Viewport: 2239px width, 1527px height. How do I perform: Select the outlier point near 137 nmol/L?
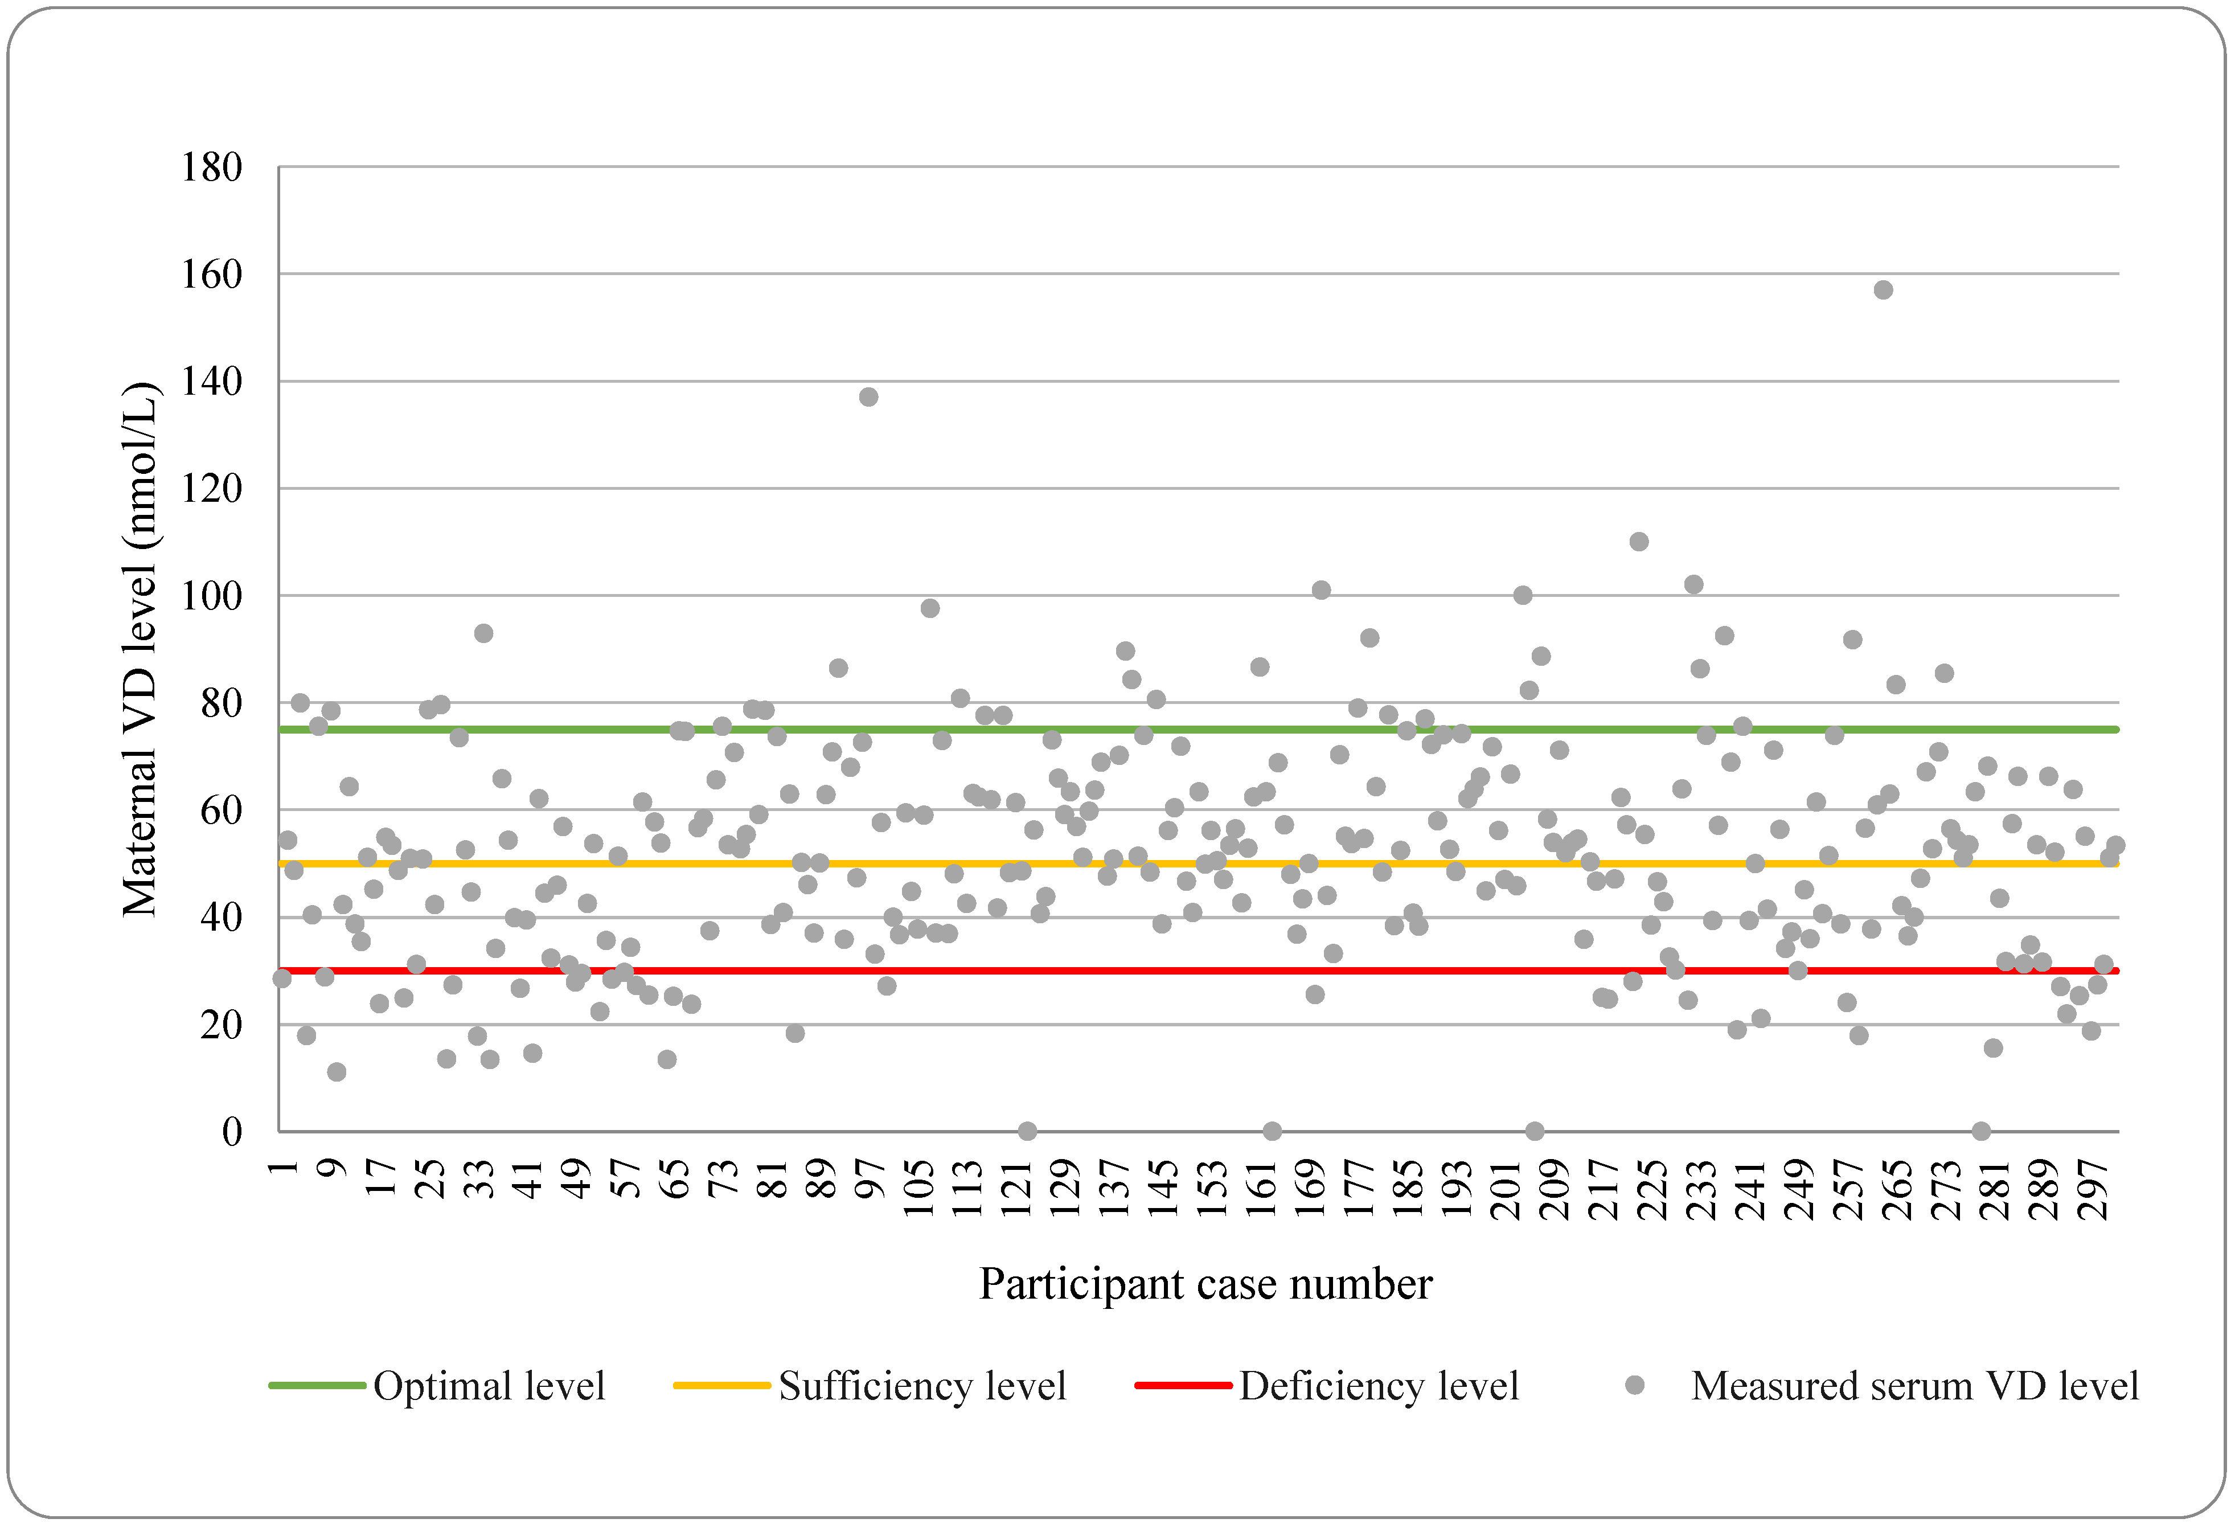click(x=868, y=397)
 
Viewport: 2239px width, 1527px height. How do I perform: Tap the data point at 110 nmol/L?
click(x=1639, y=542)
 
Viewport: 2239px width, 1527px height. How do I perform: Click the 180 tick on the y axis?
click(x=212, y=167)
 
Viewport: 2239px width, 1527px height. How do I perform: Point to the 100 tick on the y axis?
click(x=212, y=595)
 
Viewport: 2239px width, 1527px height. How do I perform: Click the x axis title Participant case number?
click(x=1206, y=1284)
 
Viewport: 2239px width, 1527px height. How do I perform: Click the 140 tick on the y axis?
click(x=212, y=382)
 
